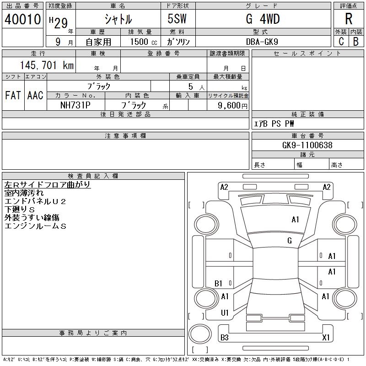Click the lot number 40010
pos(22,19)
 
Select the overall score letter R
pos(349,19)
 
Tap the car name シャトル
pos(118,19)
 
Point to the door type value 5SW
pos(178,19)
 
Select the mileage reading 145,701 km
pos(46,65)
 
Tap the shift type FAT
pos(13,96)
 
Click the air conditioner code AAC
pos(35,96)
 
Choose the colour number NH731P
pos(75,105)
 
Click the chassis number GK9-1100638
pos(307,145)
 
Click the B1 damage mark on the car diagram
pos(218,284)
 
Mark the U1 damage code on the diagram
pos(224,313)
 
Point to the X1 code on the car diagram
pos(326,338)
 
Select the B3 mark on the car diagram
pos(224,338)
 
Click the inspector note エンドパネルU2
pos(35,201)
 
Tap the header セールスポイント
pos(307,54)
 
